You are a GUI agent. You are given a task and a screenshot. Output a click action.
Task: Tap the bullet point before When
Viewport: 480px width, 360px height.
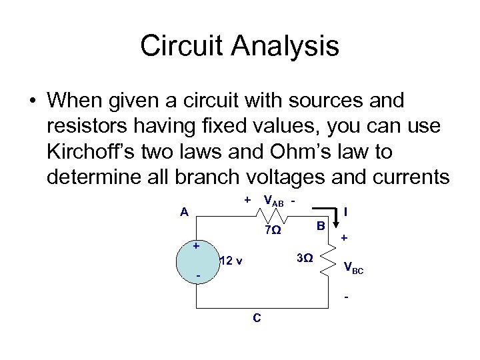tap(32, 101)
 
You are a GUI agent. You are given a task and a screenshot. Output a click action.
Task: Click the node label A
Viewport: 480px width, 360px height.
tap(185, 213)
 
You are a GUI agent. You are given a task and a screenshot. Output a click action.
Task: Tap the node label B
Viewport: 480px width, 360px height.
tap(321, 226)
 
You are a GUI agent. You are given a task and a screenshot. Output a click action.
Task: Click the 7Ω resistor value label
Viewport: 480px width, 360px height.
tap(272, 231)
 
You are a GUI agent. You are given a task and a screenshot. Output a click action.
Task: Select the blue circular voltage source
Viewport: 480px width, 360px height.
tap(197, 261)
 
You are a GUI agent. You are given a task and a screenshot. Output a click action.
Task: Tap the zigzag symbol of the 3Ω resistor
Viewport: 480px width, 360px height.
tap(330, 261)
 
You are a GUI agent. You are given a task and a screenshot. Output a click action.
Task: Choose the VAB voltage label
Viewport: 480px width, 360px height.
tap(274, 201)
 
